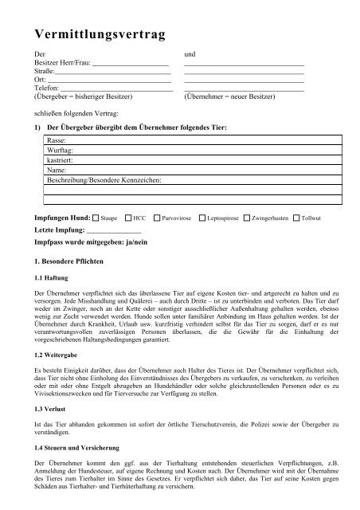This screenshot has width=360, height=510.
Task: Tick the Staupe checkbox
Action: pos(96,217)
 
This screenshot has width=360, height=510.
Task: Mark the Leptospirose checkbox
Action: pos(203,217)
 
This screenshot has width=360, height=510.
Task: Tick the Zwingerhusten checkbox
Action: pos(248,217)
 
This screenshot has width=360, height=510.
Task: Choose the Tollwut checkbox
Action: pos(296,217)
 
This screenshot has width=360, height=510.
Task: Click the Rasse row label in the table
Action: pos(57,139)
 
